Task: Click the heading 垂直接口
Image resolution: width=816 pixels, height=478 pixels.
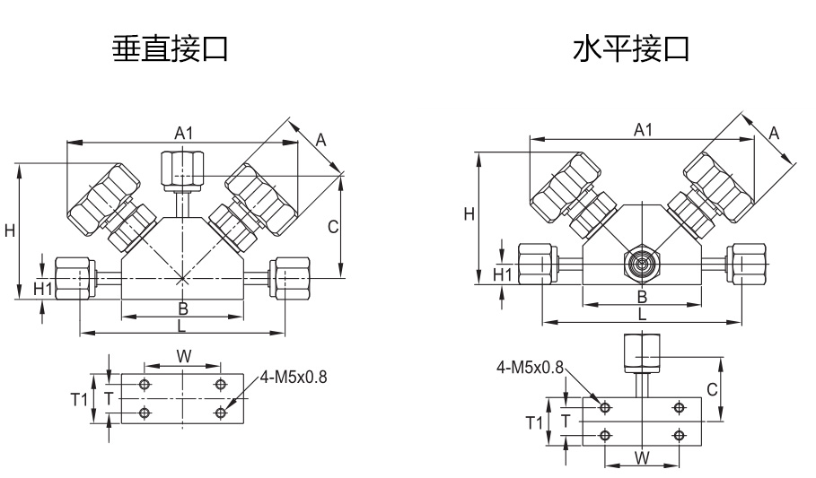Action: click(x=169, y=48)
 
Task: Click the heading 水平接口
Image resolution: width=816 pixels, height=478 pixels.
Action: click(x=631, y=48)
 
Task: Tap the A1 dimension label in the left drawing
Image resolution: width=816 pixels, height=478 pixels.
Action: click(x=183, y=133)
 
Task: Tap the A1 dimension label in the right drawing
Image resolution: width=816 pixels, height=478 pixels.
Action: click(x=643, y=130)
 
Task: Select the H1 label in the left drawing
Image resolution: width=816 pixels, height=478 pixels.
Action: click(x=43, y=289)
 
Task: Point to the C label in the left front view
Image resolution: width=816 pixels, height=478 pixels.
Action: click(x=332, y=227)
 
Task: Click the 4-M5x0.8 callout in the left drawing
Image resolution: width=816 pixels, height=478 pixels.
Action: click(x=294, y=377)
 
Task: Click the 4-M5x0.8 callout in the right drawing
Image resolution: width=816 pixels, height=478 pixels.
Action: click(x=531, y=368)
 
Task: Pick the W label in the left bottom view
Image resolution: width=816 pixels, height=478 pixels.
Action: click(x=183, y=356)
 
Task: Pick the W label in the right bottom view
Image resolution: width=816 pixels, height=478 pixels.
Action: click(x=642, y=458)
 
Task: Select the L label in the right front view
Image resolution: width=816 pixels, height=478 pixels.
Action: click(x=641, y=314)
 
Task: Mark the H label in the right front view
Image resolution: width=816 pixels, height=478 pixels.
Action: click(x=468, y=213)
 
